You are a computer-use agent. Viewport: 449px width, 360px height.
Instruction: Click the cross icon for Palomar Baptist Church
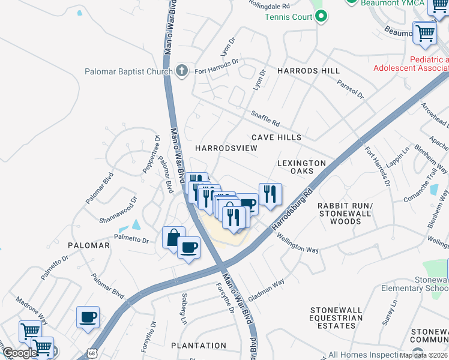[182, 71]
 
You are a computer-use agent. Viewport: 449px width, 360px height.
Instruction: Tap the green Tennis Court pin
[321, 16]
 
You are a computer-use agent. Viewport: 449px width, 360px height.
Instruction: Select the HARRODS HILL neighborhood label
[308, 71]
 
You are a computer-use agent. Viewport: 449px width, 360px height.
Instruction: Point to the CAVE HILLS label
[276, 137]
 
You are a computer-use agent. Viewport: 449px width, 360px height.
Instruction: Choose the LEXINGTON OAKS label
[302, 167]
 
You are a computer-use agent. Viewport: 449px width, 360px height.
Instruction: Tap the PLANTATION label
[199, 346]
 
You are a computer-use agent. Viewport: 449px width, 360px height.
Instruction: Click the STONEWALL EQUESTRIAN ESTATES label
[336, 318]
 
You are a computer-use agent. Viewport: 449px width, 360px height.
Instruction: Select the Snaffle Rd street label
[265, 119]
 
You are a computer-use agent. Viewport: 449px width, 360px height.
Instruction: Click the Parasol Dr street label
[350, 89]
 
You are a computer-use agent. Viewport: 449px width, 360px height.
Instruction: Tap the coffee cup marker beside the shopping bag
[188, 247]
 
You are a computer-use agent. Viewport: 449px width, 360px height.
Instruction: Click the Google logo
[20, 353]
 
